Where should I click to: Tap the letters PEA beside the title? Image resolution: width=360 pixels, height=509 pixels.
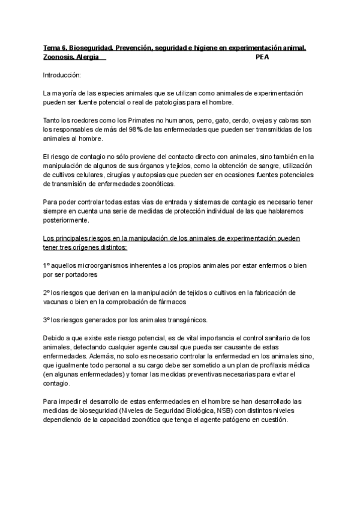262,57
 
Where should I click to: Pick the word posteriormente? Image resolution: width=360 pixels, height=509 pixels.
66,220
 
